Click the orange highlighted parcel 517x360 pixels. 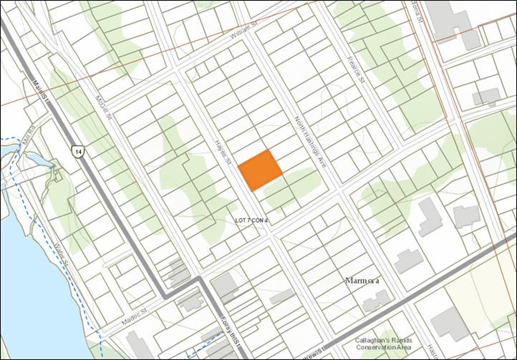[x=260, y=170]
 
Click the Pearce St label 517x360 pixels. [x=356, y=69]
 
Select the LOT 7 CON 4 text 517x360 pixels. [x=251, y=220]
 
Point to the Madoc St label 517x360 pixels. [x=133, y=318]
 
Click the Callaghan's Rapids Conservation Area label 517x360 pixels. [x=384, y=344]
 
